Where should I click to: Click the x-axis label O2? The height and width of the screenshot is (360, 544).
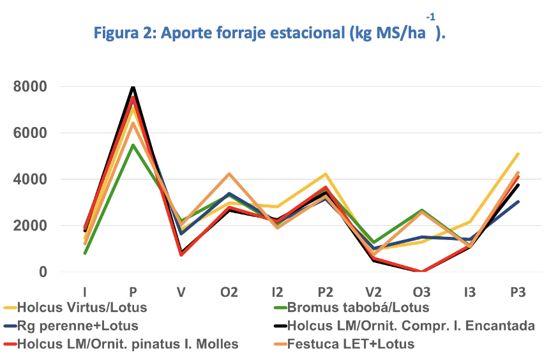tap(229, 292)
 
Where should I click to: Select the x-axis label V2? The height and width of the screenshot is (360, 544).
tap(373, 292)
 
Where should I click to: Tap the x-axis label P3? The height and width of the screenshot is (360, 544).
tap(517, 292)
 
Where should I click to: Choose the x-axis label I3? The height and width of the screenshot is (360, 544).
tap(469, 292)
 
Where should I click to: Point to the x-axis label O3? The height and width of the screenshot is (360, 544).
tap(421, 292)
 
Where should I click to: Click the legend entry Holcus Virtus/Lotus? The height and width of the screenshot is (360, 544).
tap(82, 308)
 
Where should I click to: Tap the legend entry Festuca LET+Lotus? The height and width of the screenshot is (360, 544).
tap(351, 344)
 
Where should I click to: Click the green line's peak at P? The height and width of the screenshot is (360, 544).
tap(133, 146)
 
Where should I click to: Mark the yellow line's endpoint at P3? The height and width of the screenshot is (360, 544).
tap(518, 154)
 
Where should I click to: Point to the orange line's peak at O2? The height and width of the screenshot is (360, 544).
tap(229, 174)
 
